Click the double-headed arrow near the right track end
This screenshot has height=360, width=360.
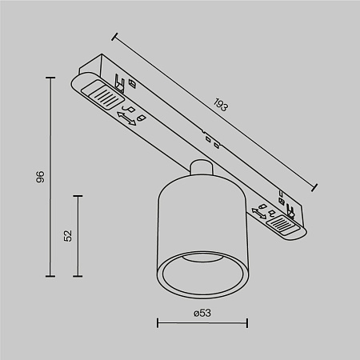click(x=259, y=212)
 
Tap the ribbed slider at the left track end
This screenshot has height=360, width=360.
click(x=101, y=96)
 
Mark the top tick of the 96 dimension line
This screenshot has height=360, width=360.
click(x=52, y=78)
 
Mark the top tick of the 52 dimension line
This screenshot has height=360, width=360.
click(x=78, y=195)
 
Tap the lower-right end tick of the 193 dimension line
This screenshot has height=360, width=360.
click(x=314, y=183)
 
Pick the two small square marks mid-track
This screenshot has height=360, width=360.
click(x=211, y=140)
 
